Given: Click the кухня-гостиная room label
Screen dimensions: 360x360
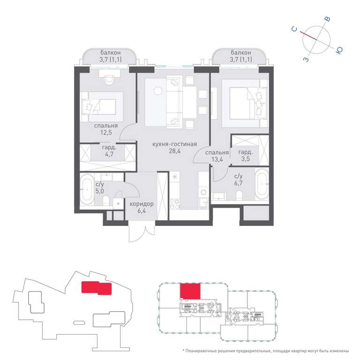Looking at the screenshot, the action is point(175,144).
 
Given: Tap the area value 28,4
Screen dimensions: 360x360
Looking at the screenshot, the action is point(175,151).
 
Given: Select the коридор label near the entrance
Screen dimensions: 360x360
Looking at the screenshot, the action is point(142,204).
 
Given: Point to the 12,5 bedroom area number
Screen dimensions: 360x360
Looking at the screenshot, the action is point(106,133).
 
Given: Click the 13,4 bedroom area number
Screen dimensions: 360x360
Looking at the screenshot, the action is point(217,159).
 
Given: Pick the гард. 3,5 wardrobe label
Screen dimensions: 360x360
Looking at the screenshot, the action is point(246,156).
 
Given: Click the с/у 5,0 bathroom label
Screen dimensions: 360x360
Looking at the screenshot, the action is point(100,187).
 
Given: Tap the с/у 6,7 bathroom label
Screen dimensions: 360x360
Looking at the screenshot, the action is point(238,180).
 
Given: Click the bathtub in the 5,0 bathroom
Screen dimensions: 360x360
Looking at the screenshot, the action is point(87,189).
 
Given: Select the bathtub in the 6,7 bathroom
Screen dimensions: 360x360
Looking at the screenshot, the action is point(262,184).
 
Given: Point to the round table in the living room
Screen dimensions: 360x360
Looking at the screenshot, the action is point(158,91).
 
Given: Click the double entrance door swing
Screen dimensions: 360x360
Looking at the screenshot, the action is point(142,233).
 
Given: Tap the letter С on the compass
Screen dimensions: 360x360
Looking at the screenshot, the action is point(294,29).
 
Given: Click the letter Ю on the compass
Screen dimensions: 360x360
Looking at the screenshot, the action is point(339,50).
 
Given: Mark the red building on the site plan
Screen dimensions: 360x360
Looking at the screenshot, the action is point(97,288).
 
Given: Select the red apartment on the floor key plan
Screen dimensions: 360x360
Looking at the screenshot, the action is point(190,292).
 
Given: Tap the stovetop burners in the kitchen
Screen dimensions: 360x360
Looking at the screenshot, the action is point(174,204).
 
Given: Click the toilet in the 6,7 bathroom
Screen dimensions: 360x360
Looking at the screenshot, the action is point(239,195).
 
